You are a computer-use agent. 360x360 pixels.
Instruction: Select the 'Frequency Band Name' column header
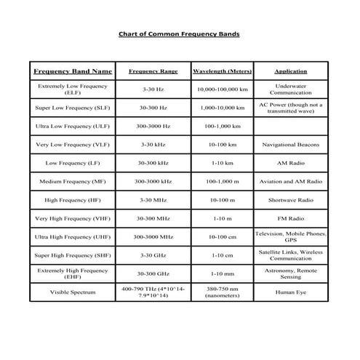73,71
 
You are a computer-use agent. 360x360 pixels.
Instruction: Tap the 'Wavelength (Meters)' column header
222,71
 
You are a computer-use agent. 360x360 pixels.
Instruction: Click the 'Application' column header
290,71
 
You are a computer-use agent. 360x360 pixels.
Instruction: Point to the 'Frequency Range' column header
153,71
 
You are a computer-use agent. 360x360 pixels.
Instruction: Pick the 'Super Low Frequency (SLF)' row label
73,108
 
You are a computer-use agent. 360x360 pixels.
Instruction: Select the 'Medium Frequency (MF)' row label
73,181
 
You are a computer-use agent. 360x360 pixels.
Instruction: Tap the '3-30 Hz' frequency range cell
153,89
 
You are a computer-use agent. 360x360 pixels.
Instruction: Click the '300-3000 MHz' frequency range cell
153,236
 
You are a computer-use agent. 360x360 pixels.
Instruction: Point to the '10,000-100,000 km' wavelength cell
222,89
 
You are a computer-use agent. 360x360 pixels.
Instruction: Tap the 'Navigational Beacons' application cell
290,145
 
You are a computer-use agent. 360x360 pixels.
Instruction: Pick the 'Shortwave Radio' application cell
290,199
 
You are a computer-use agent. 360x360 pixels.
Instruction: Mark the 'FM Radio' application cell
290,217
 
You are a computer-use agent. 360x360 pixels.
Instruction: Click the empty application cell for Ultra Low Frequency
290,126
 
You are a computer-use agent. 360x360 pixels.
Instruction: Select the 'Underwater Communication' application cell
290,89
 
